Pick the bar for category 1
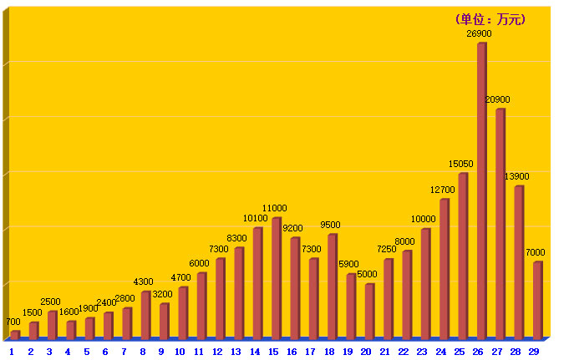click(15, 334)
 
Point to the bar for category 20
click(369, 311)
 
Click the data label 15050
click(461, 165)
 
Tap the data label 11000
click(275, 208)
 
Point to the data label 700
click(13, 322)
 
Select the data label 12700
click(443, 190)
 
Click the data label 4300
click(143, 282)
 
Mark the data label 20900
click(497, 100)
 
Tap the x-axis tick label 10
click(180, 352)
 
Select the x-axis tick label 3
click(49, 352)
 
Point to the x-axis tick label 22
click(404, 352)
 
